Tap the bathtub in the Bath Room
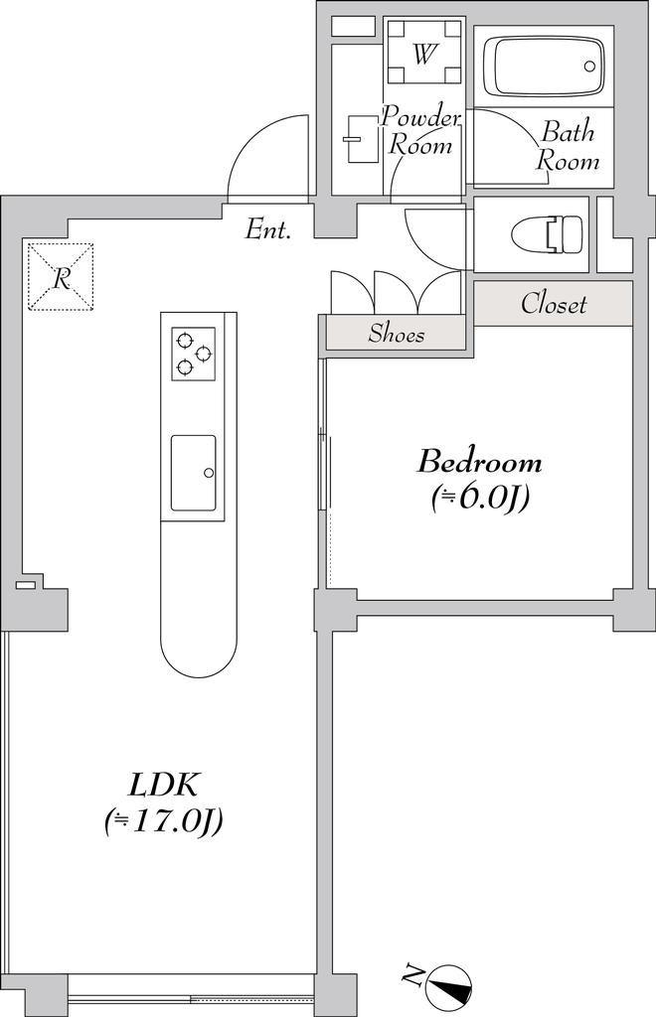543,67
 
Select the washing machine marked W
423,52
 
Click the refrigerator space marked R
61,277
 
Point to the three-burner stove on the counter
194,354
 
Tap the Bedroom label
479,463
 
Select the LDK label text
163,786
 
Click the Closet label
554,304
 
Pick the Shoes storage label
397,334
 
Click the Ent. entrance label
267,229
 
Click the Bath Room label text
568,146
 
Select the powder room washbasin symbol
362,139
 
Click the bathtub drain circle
589,67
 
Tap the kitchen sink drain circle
209,473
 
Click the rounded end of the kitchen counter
198,655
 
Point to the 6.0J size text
480,498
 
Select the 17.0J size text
164,821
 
